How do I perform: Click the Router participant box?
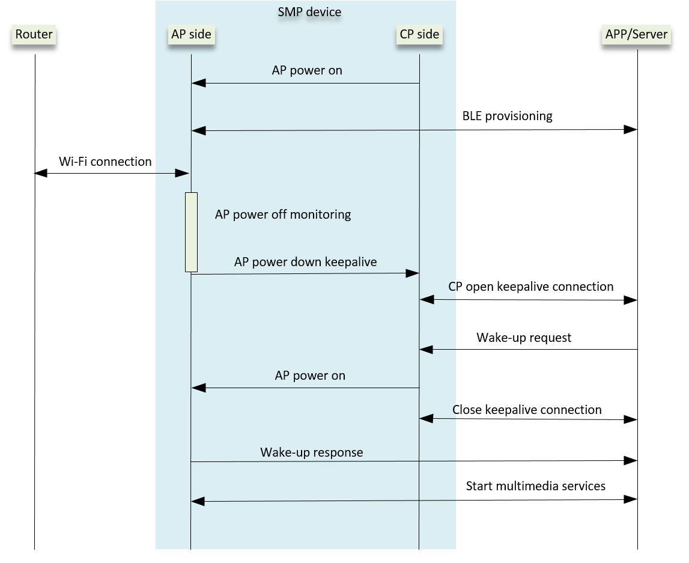(x=34, y=34)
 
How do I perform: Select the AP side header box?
(x=191, y=34)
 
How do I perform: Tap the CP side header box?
(x=419, y=34)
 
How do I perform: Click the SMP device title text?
(x=309, y=12)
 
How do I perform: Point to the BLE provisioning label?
(x=507, y=116)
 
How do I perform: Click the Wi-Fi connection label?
(x=105, y=162)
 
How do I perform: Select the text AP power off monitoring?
(x=283, y=215)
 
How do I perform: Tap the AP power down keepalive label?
(x=306, y=262)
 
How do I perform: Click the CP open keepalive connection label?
(x=531, y=287)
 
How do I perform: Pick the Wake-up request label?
(x=524, y=338)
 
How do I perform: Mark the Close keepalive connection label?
(x=527, y=410)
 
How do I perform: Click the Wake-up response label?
(x=312, y=452)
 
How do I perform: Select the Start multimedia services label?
(x=535, y=485)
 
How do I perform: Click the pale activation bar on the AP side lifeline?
(x=191, y=232)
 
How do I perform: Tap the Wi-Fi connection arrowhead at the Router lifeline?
(x=41, y=173)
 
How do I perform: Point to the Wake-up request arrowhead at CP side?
(x=426, y=349)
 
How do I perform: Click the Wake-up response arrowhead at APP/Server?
(x=631, y=461)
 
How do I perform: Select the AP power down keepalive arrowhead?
(x=412, y=273)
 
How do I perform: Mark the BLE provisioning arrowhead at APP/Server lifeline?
(x=631, y=130)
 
